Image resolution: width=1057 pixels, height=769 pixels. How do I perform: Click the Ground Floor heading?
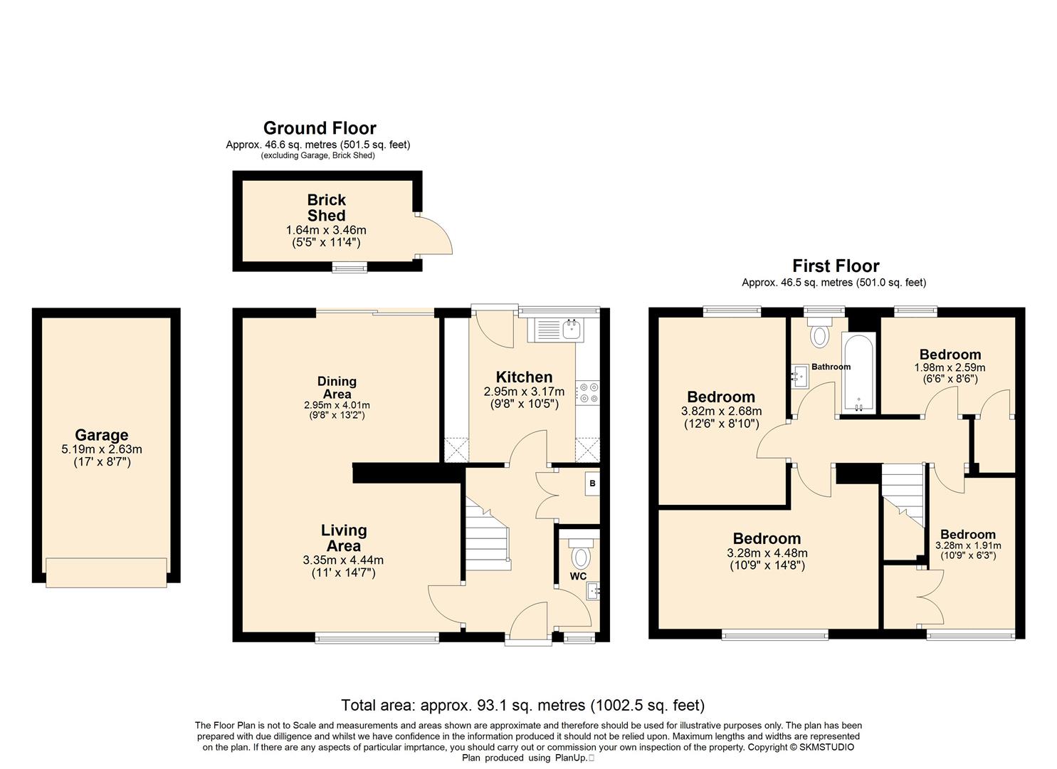click(x=320, y=128)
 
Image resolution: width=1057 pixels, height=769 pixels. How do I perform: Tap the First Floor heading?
click(x=836, y=266)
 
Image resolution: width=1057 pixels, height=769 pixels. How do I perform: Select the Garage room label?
click(x=102, y=434)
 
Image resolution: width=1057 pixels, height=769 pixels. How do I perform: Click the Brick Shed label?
click(x=327, y=208)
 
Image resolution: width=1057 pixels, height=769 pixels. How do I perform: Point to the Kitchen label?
click(x=524, y=377)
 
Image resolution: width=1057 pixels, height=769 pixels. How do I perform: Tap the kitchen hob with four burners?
click(x=587, y=392)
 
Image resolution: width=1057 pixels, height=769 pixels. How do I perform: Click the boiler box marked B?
click(x=593, y=483)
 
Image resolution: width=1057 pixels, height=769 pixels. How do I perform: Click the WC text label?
click(x=578, y=576)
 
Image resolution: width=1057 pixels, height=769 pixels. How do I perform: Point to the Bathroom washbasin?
click(x=799, y=376)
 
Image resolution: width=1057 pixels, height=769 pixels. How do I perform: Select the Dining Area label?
click(x=337, y=387)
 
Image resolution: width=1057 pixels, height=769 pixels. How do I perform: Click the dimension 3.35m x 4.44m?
click(x=343, y=560)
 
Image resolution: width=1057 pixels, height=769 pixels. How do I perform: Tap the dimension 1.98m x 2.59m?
click(x=950, y=367)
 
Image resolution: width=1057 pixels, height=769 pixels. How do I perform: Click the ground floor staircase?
click(x=488, y=533)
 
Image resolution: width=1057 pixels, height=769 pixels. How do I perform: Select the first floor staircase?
click(x=903, y=495)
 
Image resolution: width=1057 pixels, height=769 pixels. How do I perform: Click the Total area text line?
click(x=523, y=705)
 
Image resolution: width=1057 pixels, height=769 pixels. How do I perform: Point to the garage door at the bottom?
click(x=106, y=572)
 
